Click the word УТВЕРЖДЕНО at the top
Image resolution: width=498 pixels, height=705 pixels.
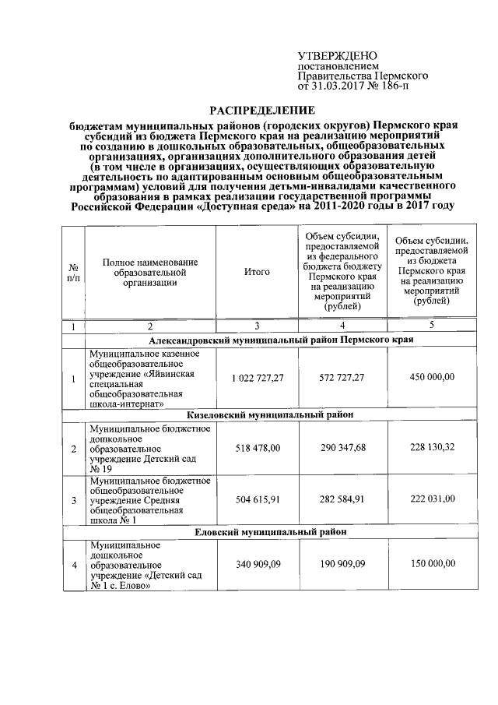(338, 56)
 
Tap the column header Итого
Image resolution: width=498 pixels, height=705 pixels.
(257, 272)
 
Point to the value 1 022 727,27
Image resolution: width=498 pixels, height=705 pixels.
(257, 378)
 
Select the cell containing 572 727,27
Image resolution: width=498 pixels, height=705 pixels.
(342, 378)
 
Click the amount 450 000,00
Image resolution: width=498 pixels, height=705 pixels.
(431, 378)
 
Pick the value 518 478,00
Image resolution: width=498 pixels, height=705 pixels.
(257, 448)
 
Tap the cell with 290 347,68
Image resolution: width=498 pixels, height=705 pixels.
(342, 448)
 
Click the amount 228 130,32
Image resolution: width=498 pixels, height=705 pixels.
(431, 448)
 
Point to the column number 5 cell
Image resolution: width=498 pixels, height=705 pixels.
(431, 326)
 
